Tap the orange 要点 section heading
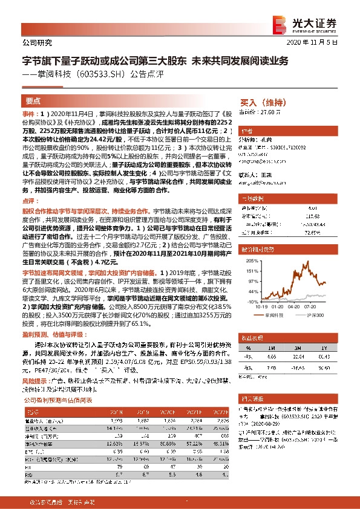[x=33, y=102]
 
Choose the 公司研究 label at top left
[x=36, y=43]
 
